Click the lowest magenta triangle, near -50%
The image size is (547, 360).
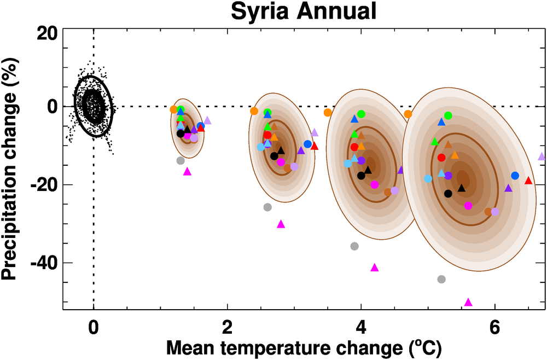pos(468,302)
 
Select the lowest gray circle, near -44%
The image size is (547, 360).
pos(441,279)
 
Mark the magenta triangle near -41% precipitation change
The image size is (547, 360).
pos(375,268)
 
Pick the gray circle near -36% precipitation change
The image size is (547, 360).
pos(354,246)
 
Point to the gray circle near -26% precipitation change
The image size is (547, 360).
pos(267,207)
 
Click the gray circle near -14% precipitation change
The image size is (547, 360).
pos(181,160)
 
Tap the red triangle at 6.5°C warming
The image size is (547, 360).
pos(528,181)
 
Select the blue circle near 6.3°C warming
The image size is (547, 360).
pos(515,176)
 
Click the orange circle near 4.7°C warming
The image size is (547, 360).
pos(408,114)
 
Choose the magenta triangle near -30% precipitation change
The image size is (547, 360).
pos(281,224)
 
